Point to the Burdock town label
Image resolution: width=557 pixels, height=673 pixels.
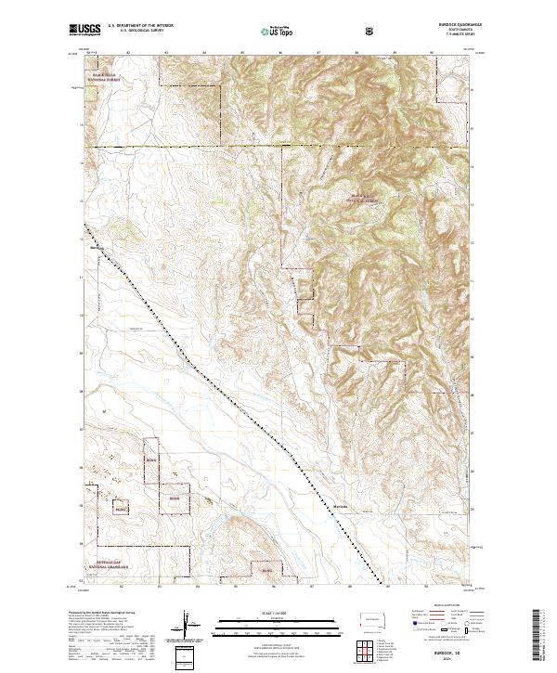point(96,248)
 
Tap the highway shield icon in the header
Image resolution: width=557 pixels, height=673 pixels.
point(371,31)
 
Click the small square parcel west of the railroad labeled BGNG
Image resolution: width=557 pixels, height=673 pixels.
point(120,509)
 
